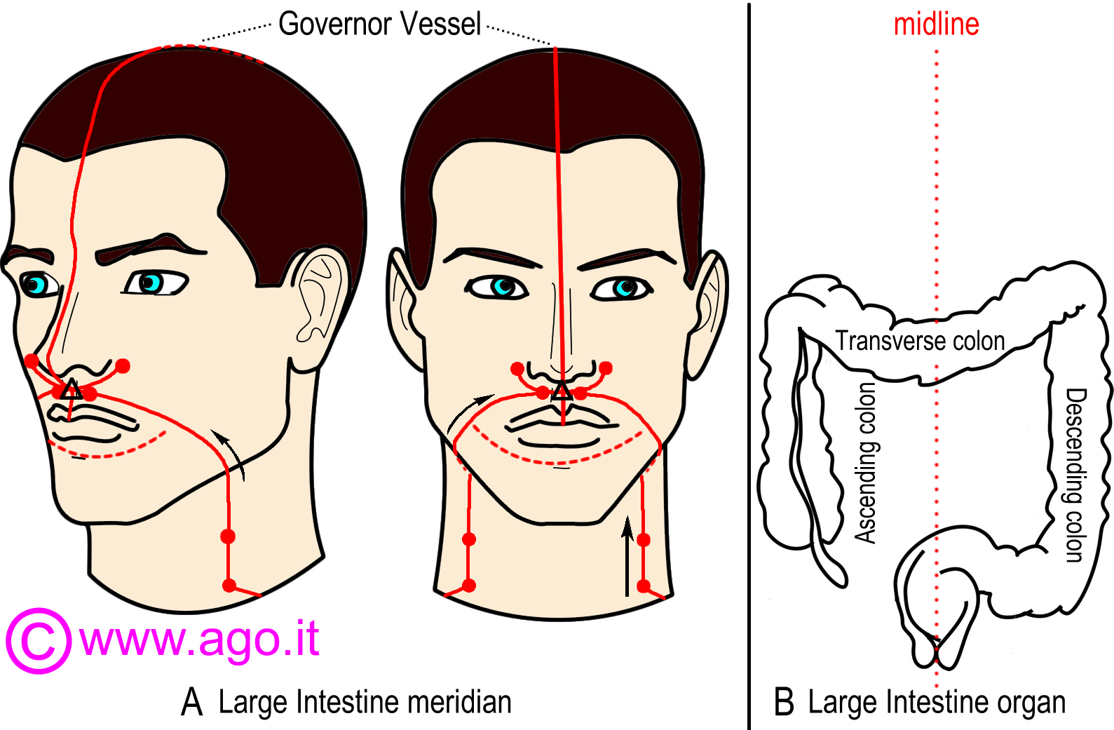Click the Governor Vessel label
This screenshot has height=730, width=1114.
[x=379, y=25]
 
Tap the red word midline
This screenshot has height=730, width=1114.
[x=936, y=25]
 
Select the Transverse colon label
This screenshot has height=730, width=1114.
[x=920, y=342]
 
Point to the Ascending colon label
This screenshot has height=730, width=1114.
[x=867, y=463]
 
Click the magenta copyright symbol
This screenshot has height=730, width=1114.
[x=39, y=640]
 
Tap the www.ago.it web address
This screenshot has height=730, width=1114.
[x=200, y=639]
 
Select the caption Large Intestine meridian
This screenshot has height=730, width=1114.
[x=365, y=702]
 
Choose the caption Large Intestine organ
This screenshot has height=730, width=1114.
[x=936, y=702]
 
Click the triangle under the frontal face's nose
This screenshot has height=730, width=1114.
[x=561, y=392]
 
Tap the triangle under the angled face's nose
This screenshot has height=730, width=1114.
[x=72, y=390]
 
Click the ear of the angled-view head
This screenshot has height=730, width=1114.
[x=320, y=295]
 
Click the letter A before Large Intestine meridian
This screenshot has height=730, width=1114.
[x=192, y=702]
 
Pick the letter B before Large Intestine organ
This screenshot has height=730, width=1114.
[x=784, y=702]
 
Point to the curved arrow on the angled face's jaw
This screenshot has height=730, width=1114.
[x=231, y=454]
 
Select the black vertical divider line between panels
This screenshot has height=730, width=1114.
[x=749, y=365]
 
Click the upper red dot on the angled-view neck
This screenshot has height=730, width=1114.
[x=228, y=536]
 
